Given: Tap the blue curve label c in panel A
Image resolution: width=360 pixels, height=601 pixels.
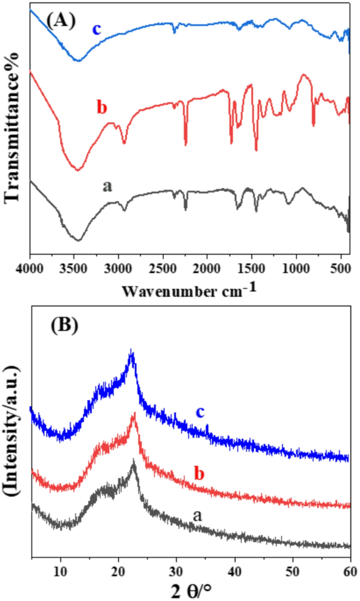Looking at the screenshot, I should coord(97,28).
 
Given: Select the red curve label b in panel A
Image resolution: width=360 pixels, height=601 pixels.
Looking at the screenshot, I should coord(102,108).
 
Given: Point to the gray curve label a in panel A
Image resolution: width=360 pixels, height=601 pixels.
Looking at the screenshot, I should coord(108,187).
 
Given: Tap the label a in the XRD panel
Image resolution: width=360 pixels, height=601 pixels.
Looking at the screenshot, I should coord(198,516).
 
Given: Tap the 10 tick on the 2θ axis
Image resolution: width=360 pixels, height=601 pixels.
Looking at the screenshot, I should coord(61,571).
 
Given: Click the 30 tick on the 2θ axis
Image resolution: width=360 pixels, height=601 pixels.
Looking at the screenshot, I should coord(177,571).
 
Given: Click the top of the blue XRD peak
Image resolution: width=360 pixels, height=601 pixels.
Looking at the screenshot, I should coord(132,351).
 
